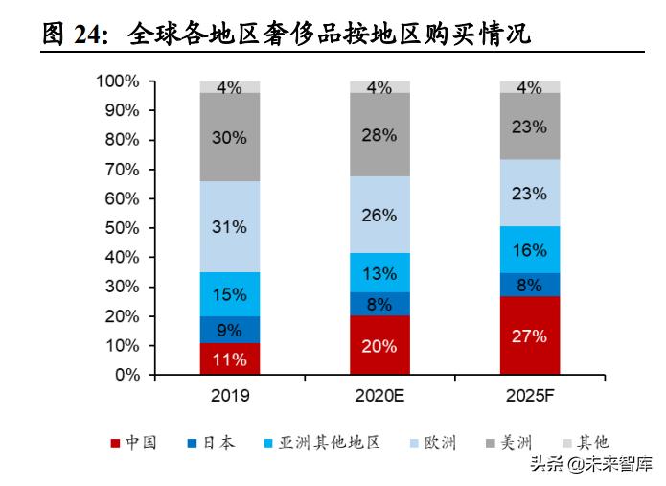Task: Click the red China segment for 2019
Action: coord(229,359)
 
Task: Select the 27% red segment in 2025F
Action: coord(529,336)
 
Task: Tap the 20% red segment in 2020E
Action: coord(379,345)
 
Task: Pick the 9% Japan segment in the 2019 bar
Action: coord(229,330)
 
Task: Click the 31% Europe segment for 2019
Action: coord(229,227)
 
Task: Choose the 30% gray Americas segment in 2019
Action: coord(229,137)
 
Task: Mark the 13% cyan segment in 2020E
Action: coord(379,272)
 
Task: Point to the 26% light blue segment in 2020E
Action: coord(379,215)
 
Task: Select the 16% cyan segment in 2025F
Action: coord(529,250)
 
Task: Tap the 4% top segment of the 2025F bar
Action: coord(529,87)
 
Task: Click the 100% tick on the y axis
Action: coord(119,81)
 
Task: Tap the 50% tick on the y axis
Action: coord(123,228)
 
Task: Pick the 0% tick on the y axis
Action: coord(127,375)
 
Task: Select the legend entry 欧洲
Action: coord(440,442)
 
